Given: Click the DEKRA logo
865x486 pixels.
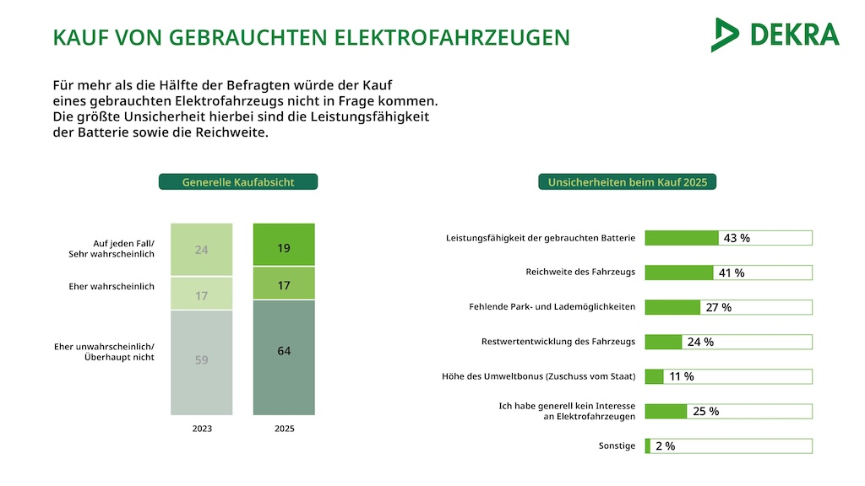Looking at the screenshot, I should coord(775,35).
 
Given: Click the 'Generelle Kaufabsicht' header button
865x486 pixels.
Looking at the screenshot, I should coord(238,181).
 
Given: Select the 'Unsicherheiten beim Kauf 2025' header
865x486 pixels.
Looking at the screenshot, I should coord(628,181).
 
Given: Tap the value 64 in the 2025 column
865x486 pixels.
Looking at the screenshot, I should coord(284,350).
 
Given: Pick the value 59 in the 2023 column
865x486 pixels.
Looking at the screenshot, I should coord(201,360).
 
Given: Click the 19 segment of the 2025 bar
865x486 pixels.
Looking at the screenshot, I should coord(284,248).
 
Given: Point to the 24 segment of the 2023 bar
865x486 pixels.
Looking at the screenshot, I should coord(201,250).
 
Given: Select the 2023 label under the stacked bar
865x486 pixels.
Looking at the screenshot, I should coord(202,429).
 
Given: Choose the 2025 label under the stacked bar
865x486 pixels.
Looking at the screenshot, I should coord(285,429).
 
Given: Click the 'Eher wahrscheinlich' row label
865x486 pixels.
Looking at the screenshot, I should coord(112,287).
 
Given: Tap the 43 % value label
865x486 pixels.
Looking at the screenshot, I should coord(737,238).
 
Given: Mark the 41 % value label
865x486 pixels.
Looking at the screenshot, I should coord(731,273).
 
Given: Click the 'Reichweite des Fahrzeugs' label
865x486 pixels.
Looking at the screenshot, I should coord(579,273).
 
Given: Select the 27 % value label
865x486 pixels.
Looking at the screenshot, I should coord(719,307).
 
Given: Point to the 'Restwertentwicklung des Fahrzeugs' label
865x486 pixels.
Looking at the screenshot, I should coord(558,342).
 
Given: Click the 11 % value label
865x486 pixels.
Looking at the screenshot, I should coord(681,376).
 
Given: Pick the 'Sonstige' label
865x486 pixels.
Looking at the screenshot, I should coord(617,445).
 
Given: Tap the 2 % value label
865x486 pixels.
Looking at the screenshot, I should coord(665,445).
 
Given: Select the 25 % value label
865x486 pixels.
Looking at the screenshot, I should coord(705,411).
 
